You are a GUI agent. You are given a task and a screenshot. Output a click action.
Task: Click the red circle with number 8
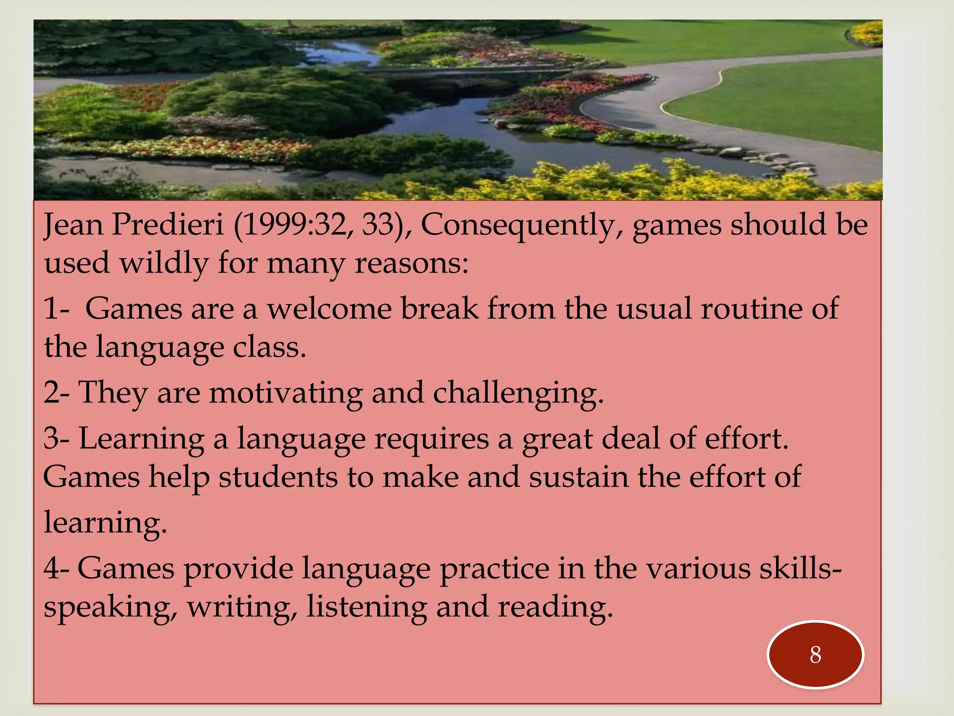coord(815,654)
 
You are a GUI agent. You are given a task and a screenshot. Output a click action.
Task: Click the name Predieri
coord(168,225)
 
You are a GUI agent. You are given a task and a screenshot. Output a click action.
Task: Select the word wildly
coord(164,263)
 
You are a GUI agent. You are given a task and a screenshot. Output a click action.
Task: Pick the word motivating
coord(286,393)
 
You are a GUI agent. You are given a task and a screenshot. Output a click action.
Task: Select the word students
coord(278,477)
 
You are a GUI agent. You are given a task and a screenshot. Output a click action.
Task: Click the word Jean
coord(74,225)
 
